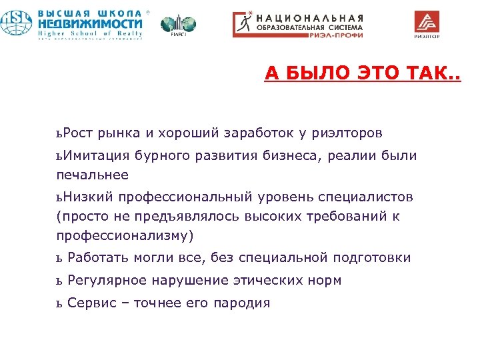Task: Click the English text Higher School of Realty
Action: pos(89,33)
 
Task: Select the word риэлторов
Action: pos(349,133)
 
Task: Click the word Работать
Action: pos(99,258)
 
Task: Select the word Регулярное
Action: pos(106,281)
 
